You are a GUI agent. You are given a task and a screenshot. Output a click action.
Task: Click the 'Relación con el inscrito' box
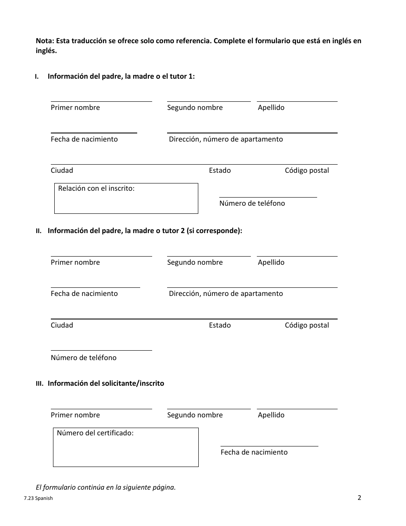(x=126, y=198)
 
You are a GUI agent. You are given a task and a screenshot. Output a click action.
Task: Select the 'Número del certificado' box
(x=126, y=447)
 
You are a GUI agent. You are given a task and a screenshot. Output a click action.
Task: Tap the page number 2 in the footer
(x=359, y=497)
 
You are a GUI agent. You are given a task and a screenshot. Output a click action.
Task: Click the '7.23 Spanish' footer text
(x=38, y=498)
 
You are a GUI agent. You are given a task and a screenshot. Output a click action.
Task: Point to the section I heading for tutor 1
(x=121, y=77)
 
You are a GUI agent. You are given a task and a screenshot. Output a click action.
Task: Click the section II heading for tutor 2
(x=144, y=231)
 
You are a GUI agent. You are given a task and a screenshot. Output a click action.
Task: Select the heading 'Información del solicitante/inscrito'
(x=106, y=384)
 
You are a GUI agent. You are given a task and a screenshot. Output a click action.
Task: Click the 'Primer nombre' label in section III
(x=75, y=415)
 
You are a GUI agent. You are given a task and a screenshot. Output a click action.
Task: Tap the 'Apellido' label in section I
(x=271, y=108)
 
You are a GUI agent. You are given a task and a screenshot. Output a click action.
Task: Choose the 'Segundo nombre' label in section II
(x=195, y=263)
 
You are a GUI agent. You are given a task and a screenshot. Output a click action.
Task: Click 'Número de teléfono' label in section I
(x=252, y=204)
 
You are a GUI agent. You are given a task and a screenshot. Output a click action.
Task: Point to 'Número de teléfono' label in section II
(x=83, y=358)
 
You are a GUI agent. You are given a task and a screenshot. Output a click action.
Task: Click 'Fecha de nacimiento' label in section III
(x=254, y=452)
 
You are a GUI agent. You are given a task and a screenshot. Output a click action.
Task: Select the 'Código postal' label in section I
(x=307, y=171)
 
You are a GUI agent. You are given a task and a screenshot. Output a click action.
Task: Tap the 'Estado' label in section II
(x=220, y=325)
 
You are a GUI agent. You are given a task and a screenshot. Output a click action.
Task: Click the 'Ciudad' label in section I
(x=62, y=171)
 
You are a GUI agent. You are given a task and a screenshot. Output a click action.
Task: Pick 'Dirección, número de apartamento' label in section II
(x=226, y=294)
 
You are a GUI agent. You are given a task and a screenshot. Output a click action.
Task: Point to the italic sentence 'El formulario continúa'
(x=106, y=488)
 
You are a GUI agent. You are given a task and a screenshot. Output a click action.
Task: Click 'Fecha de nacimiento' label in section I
(x=84, y=139)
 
